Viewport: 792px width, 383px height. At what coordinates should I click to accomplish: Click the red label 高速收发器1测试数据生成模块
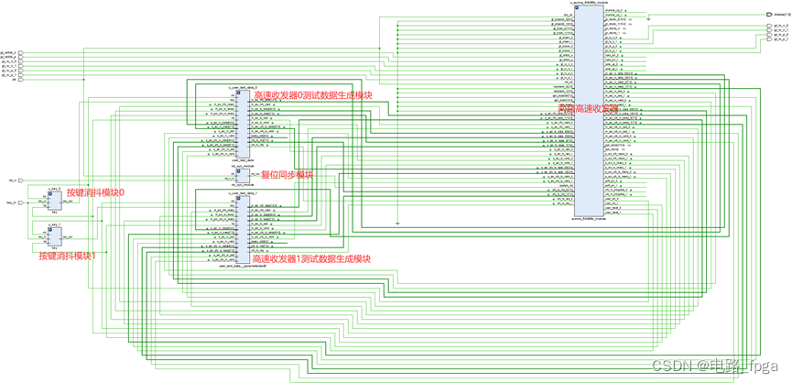coord(310,259)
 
